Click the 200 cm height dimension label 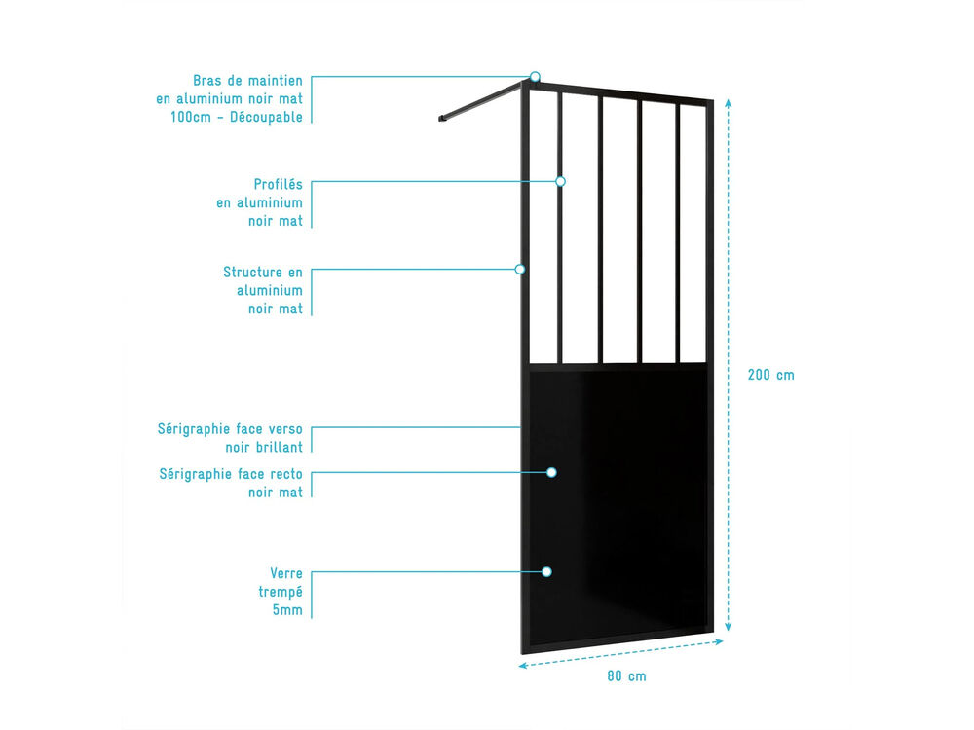pos(770,375)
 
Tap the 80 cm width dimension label pos(626,676)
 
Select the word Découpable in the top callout pos(266,117)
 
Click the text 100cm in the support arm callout pos(191,117)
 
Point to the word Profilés pos(278,184)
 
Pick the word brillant pos(279,447)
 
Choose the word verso pos(285,429)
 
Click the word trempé pos(281,592)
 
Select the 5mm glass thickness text pos(287,610)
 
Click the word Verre pos(285,573)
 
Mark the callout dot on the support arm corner pos(534,77)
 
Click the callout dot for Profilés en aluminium pos(560,181)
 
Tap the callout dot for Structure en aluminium pos(520,269)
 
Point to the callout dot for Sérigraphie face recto pos(551,472)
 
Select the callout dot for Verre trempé pos(546,571)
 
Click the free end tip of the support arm pos(440,119)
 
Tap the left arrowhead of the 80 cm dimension pos(522,666)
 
